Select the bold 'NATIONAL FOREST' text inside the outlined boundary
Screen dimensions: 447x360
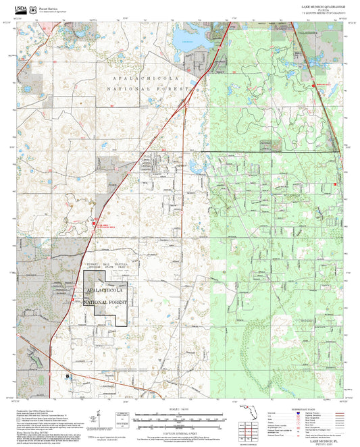click(105, 302)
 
